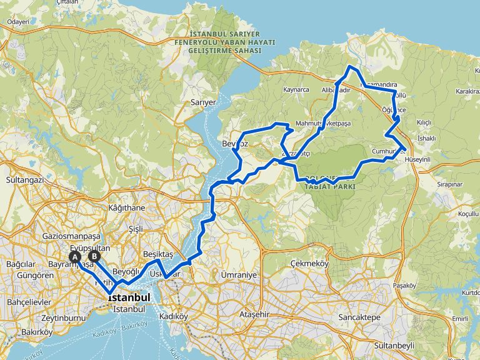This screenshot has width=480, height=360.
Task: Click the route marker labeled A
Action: tap(74, 257)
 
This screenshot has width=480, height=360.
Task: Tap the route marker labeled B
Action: tap(94, 256)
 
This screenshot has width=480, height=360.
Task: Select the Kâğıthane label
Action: tap(126, 207)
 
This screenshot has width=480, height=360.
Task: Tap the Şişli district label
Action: tap(135, 228)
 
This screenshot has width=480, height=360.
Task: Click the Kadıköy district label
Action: tap(174, 316)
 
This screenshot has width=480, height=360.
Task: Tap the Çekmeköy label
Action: tap(310, 264)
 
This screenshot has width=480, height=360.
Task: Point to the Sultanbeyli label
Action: tap(396, 345)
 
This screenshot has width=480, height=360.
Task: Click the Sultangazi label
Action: tap(24, 179)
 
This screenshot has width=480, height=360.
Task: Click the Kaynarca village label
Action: tap(296, 89)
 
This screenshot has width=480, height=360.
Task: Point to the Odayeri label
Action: tap(18, 22)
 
